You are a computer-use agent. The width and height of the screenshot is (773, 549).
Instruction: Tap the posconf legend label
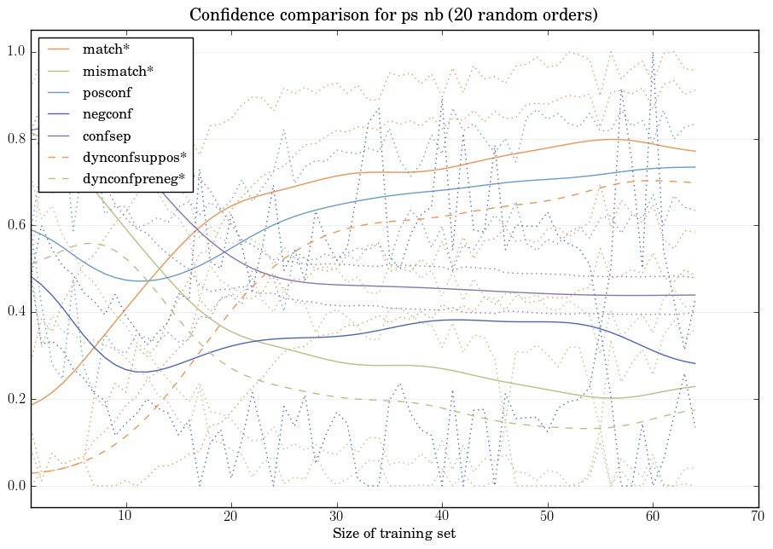point(107,92)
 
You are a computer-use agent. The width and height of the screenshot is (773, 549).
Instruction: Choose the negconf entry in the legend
point(107,113)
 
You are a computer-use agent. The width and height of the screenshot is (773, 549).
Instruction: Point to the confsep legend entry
point(105,135)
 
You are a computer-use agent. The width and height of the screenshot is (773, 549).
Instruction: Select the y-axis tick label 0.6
point(15,226)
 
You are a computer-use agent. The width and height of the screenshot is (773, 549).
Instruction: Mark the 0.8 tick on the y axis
point(15,139)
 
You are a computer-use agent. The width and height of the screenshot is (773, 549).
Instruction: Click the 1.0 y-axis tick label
point(15,52)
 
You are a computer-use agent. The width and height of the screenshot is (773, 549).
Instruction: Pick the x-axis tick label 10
point(125,517)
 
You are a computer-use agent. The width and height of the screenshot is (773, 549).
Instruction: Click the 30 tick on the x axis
point(336,517)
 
